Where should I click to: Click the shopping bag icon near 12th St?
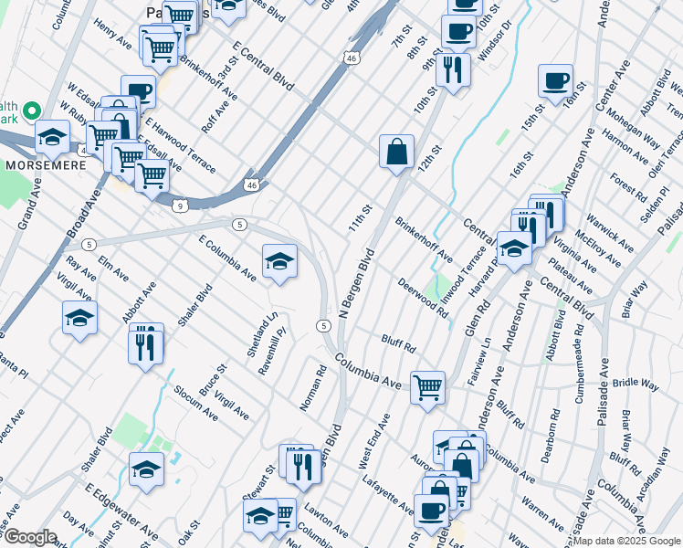click(x=396, y=152)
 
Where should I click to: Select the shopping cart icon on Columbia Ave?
click(x=427, y=387)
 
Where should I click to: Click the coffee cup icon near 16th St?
click(x=555, y=80)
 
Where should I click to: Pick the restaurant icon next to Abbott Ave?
click(x=146, y=342)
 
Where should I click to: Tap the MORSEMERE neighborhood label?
click(x=46, y=166)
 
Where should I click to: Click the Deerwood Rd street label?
click(x=422, y=298)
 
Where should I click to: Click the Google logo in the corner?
click(x=30, y=537)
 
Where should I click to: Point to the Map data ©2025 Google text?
click(x=626, y=542)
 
